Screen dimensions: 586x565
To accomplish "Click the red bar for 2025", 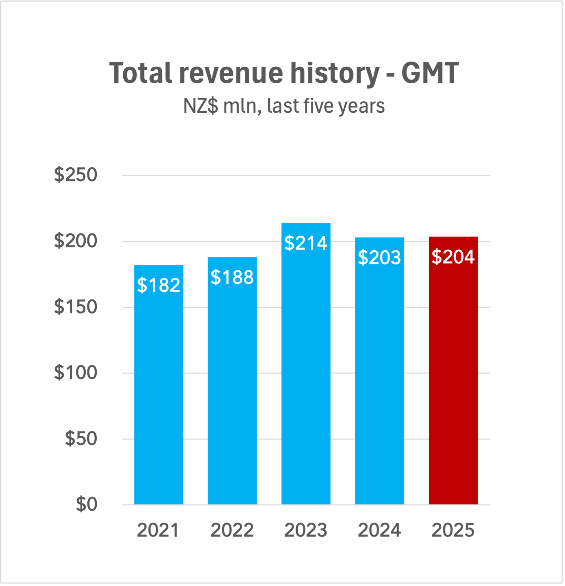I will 453,380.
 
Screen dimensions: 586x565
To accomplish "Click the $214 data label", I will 306,243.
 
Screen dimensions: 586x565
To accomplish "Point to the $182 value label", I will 159,285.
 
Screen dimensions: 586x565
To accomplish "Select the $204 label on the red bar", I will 453,257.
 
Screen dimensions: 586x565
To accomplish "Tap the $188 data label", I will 232,277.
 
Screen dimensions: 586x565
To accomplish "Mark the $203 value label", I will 379,258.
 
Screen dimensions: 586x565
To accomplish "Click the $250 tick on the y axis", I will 76,175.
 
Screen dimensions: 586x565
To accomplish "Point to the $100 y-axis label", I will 76,373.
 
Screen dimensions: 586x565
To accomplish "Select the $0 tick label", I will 86,504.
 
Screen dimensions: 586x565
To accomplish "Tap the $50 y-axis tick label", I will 81,439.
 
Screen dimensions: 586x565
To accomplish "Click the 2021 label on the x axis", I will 158,530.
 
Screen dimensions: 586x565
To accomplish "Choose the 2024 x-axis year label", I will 379,530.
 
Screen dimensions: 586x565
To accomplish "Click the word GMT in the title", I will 430,73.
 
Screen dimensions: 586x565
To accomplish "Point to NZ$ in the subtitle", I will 201,106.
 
